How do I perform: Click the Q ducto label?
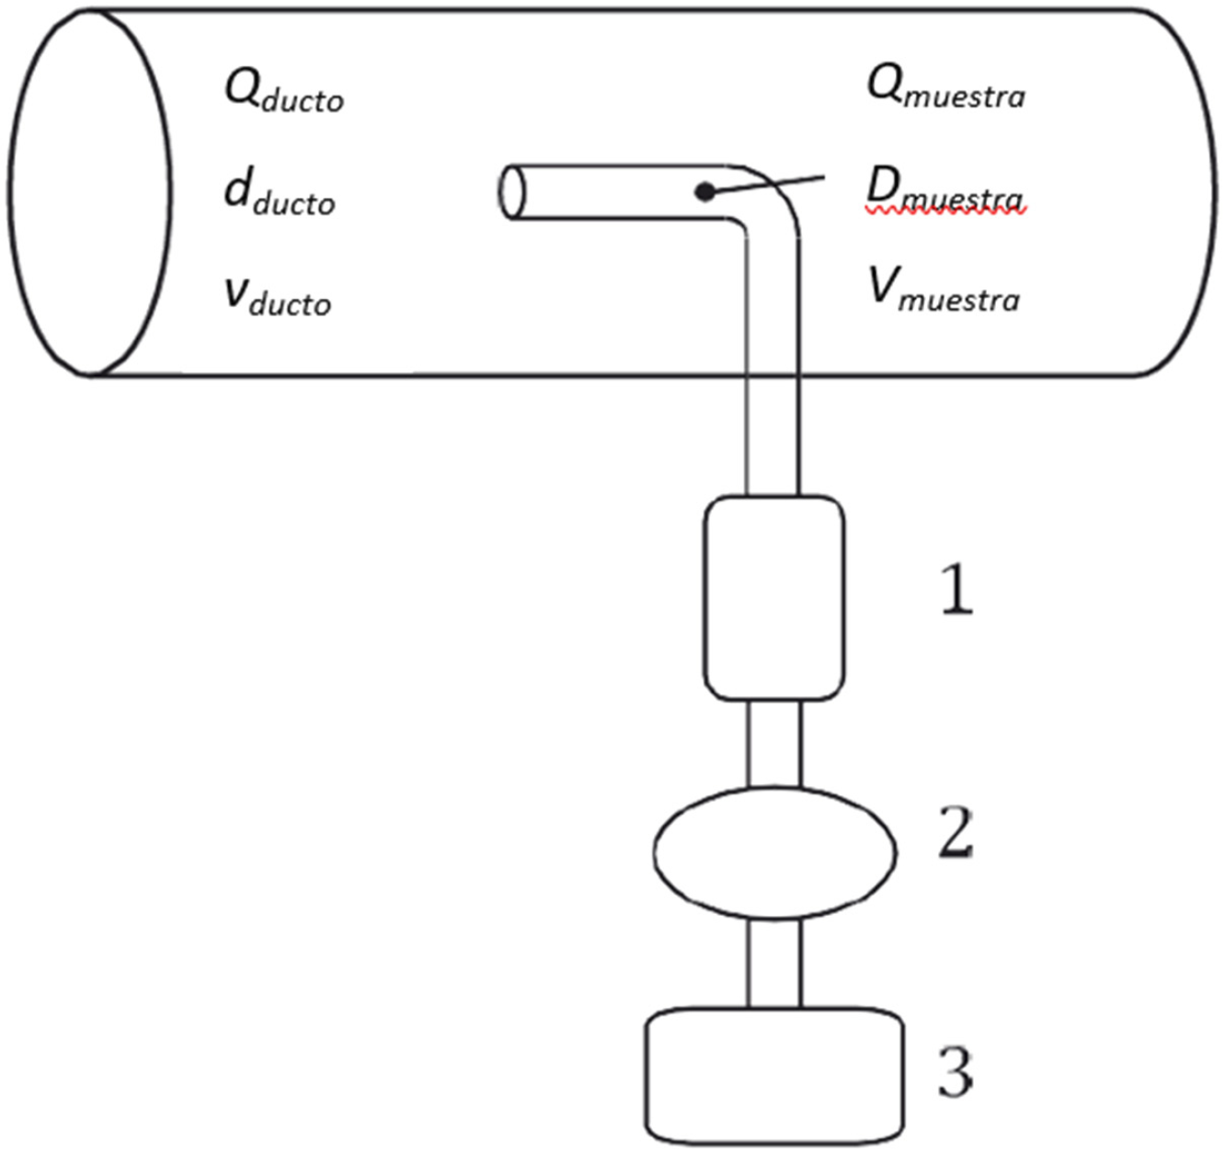[x=283, y=92]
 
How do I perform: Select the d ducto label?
[x=280, y=194]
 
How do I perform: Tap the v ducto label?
[x=277, y=295]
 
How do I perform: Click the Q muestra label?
[x=945, y=89]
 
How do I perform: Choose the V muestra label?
[x=944, y=291]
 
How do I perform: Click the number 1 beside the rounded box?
[x=956, y=591]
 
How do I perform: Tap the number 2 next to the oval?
[x=956, y=833]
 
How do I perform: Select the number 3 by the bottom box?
[x=956, y=1072]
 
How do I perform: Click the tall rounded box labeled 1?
[x=773, y=598]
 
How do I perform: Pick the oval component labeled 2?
[x=774, y=852]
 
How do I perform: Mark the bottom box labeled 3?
[x=773, y=1076]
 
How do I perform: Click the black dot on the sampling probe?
[x=704, y=192]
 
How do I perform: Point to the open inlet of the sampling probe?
[x=511, y=191]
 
